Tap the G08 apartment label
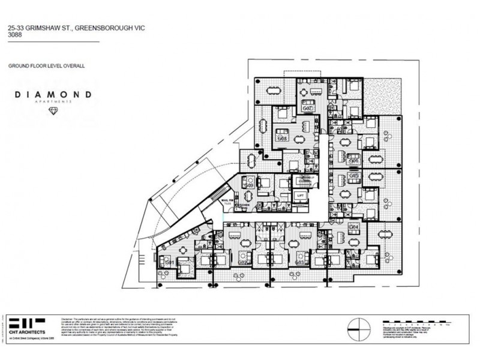click(283, 139)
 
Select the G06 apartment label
click(354, 161)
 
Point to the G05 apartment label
click(354, 175)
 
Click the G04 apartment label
click(354, 227)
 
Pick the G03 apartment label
click(299, 262)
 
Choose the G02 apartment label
click(242, 262)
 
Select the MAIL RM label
click(227, 201)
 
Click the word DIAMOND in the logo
click(55, 95)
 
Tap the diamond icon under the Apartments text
click(54, 112)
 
